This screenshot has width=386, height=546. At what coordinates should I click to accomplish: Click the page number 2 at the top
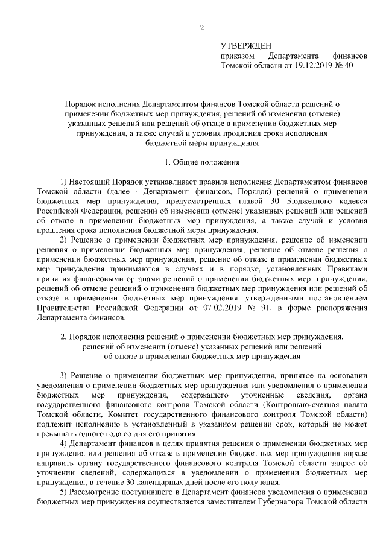(x=202, y=27)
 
